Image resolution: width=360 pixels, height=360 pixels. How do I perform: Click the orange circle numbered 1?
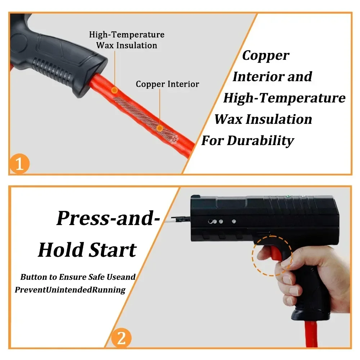(19, 163)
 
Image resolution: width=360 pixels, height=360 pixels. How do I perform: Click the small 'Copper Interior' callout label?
(167, 84)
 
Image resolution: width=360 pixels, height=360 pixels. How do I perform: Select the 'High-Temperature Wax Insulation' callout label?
(127, 40)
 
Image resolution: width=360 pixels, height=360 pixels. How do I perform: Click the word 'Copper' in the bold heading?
(266, 56)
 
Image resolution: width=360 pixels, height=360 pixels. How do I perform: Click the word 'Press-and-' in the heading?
(108, 219)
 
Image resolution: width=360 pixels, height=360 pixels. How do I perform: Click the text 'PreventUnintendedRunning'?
(70, 290)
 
